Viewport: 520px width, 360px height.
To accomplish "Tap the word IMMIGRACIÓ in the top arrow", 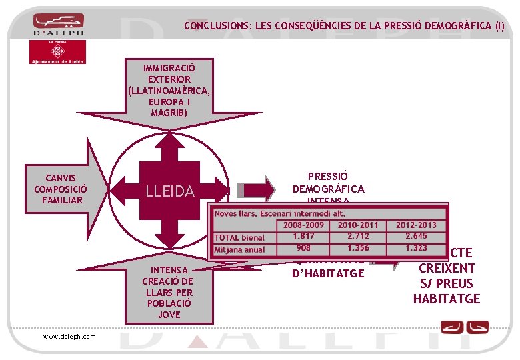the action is coord(169,68).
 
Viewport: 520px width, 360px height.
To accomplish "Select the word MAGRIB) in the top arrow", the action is coord(169,113).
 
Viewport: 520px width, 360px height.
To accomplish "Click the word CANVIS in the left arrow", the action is coord(60,178).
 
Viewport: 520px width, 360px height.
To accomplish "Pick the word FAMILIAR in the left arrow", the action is coord(60,200).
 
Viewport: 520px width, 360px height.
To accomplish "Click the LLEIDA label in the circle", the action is coord(170,192).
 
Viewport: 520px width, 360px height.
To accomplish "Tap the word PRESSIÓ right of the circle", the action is coord(328,177).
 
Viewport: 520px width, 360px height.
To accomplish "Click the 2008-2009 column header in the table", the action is coord(303,225).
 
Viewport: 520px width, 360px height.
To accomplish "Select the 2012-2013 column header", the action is coord(420,225).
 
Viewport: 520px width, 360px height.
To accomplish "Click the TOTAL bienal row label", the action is coord(240,237).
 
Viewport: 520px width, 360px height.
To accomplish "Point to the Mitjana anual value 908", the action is coord(303,248).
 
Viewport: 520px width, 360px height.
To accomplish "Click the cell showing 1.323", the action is coord(420,248).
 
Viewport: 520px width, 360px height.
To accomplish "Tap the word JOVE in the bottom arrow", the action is coord(169,315).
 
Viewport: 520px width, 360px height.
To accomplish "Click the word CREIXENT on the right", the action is coord(447,269).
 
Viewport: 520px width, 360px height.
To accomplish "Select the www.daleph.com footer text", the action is coord(69,336).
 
